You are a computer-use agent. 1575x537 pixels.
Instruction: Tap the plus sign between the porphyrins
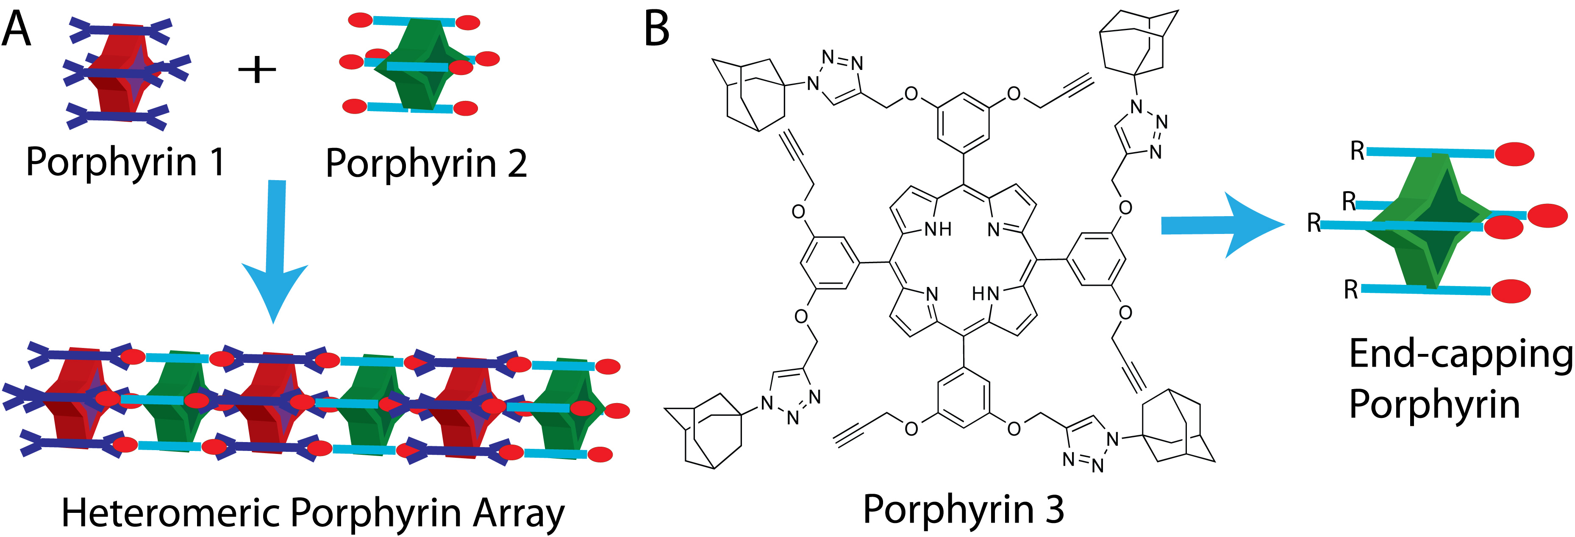257,69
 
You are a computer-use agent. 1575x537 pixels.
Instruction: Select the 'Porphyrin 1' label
125,162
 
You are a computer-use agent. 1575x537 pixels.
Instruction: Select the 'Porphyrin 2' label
426,164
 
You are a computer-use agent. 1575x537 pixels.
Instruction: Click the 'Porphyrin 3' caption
963,509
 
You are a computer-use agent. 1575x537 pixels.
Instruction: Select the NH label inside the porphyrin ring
937,229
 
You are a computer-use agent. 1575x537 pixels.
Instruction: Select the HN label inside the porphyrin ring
985,294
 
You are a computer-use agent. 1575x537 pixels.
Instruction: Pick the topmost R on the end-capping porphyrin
1357,150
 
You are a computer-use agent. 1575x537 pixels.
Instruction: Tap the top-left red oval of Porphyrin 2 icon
360,20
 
